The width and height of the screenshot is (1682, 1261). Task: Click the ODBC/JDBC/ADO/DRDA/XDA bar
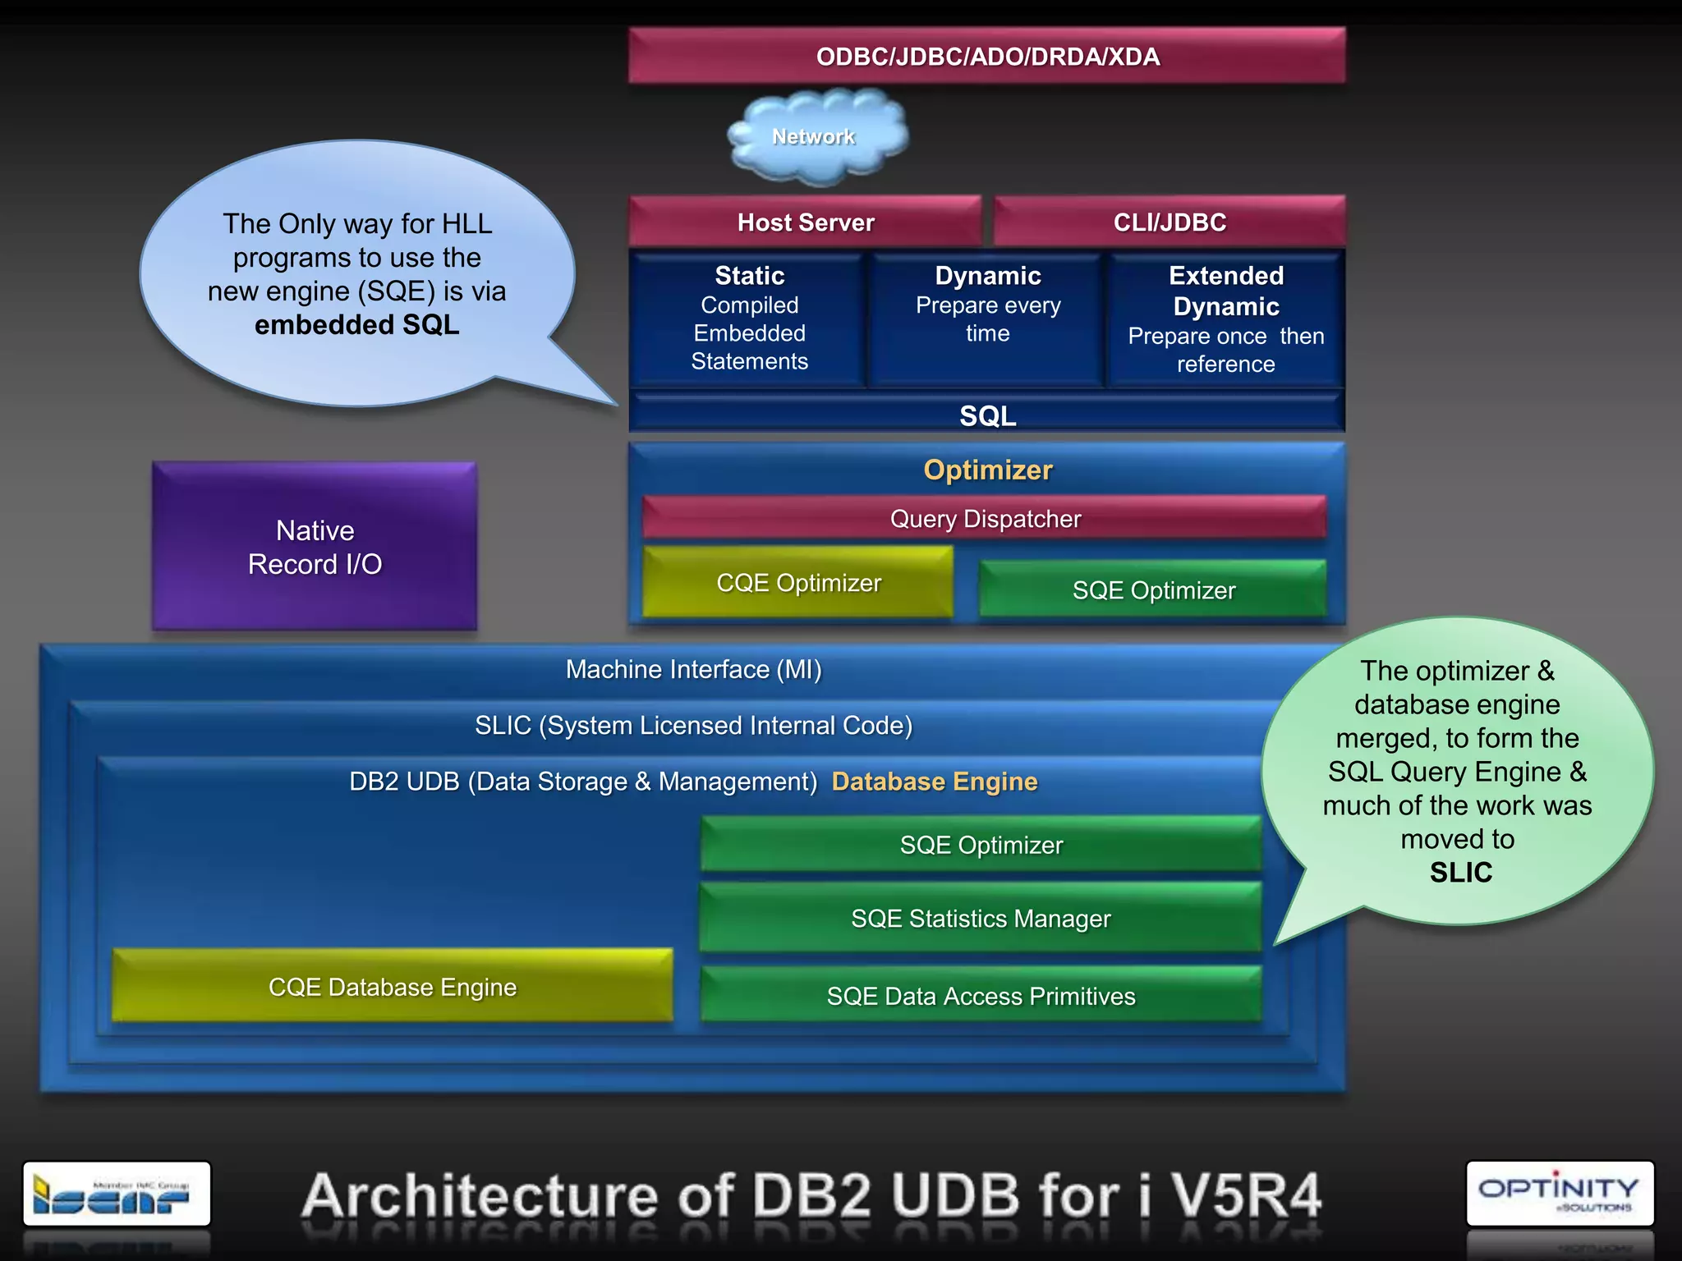click(x=986, y=56)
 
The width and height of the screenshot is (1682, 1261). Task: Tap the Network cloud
click(x=815, y=137)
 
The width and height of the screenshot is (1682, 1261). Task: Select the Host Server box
click(x=805, y=222)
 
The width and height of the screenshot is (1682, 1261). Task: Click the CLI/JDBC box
click(x=1169, y=222)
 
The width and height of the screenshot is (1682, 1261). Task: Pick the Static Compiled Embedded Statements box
click(x=749, y=319)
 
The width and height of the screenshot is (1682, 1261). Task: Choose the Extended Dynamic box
click(x=1225, y=319)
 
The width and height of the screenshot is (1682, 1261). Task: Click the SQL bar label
click(x=987, y=415)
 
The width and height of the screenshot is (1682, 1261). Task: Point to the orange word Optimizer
click(x=987, y=470)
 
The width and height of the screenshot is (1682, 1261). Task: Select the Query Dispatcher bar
click(x=985, y=518)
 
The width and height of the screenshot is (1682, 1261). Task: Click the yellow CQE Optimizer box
click(x=797, y=582)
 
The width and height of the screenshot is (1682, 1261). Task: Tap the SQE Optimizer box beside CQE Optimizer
click(x=1153, y=589)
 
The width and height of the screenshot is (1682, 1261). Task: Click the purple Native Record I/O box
click(x=315, y=547)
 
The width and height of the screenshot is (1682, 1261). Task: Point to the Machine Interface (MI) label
click(x=693, y=669)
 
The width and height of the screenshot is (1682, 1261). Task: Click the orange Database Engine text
click(x=935, y=781)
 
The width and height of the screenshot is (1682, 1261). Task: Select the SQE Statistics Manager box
click(x=981, y=918)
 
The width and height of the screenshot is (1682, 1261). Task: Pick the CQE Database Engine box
click(x=393, y=986)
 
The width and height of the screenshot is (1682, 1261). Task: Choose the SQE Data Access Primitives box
click(x=981, y=995)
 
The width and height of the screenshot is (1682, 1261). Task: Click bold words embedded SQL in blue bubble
click(x=356, y=325)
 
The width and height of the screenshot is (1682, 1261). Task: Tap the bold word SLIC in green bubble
click(x=1460, y=872)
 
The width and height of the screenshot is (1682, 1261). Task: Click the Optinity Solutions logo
click(x=1559, y=1193)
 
